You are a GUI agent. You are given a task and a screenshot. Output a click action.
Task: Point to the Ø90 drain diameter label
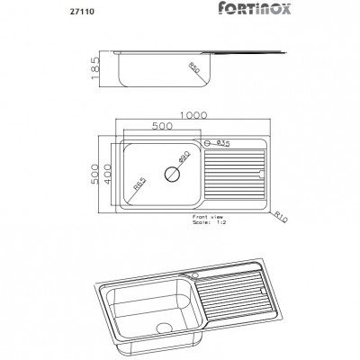184,159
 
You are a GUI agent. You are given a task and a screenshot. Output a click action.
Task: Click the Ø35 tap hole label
223,143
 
